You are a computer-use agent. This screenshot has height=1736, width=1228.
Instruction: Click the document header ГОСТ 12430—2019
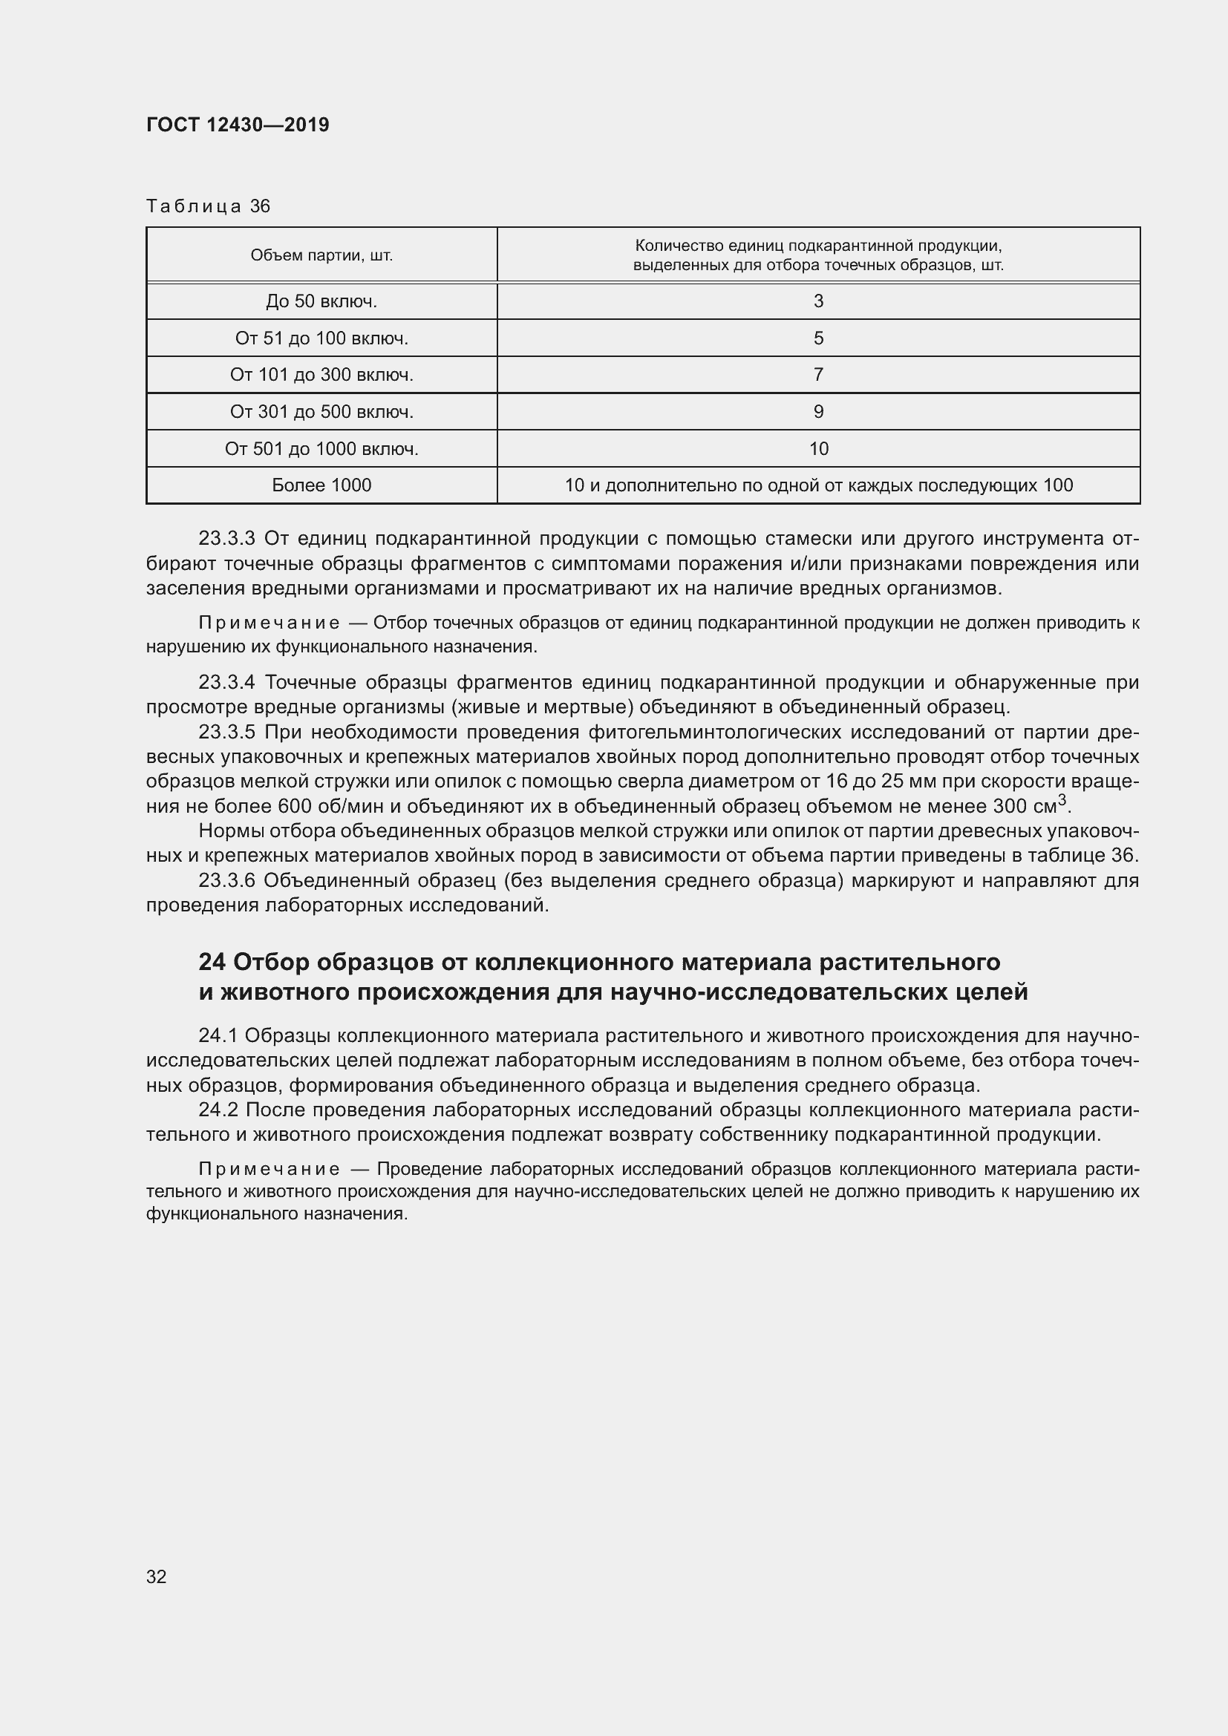pyautogui.click(x=238, y=125)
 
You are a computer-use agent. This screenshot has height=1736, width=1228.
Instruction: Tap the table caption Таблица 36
pyautogui.click(x=208, y=206)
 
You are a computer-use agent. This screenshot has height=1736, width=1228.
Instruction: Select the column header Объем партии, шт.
pyautogui.click(x=321, y=255)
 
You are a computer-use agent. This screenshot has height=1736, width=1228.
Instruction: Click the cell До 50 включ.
pyautogui.click(x=321, y=301)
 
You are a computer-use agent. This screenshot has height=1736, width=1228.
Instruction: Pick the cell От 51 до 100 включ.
pyautogui.click(x=321, y=338)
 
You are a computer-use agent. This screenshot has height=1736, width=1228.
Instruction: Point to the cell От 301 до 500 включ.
pyautogui.click(x=321, y=412)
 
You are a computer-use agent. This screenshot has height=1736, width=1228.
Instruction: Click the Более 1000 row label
pyautogui.click(x=321, y=485)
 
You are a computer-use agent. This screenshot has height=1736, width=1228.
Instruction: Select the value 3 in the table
pyautogui.click(x=818, y=301)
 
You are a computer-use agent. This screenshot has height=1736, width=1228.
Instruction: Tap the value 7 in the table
pyautogui.click(x=818, y=375)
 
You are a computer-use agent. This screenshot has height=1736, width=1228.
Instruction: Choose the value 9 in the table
pyautogui.click(x=818, y=412)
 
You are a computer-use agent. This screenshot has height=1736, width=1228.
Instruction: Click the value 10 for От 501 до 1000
pyautogui.click(x=818, y=449)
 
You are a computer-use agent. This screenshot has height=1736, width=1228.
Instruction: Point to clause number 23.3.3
pyautogui.click(x=227, y=539)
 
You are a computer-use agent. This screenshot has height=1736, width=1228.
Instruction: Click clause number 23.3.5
pyautogui.click(x=227, y=732)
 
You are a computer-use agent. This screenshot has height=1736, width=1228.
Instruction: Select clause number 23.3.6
pyautogui.click(x=227, y=881)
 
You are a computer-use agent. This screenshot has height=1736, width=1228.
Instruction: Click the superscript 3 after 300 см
pyautogui.click(x=1062, y=800)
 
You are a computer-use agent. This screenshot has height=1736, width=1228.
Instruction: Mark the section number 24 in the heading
pyautogui.click(x=212, y=963)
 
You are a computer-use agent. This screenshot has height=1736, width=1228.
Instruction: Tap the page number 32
pyautogui.click(x=157, y=1576)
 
